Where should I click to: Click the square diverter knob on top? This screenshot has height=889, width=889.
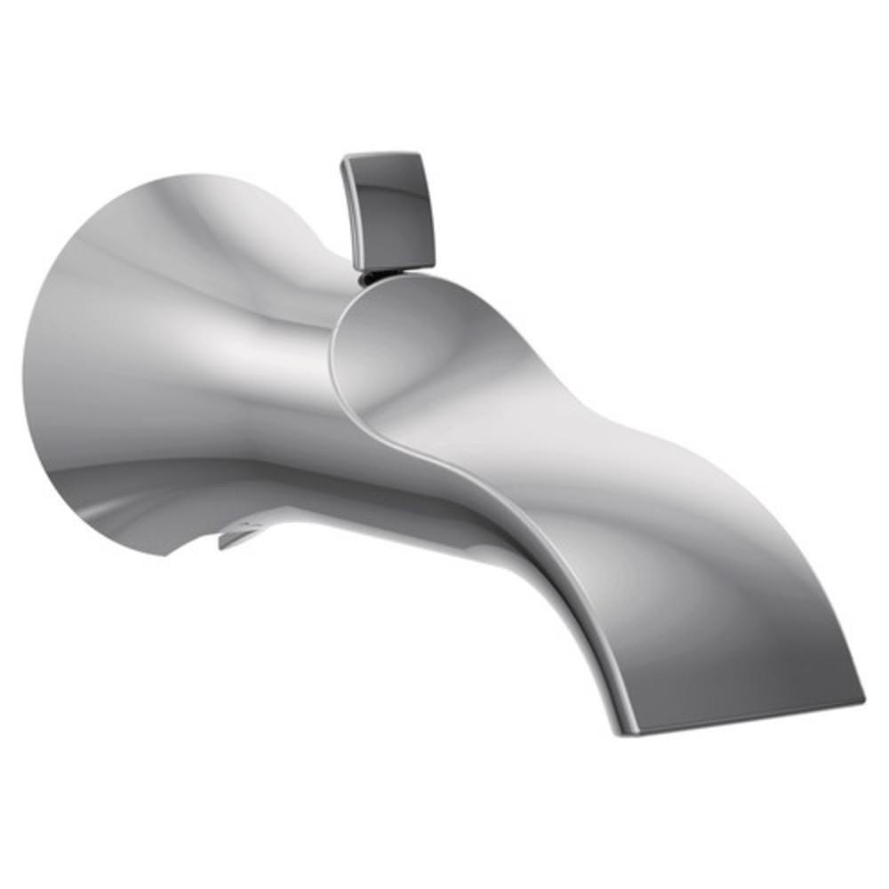pos(389,210)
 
